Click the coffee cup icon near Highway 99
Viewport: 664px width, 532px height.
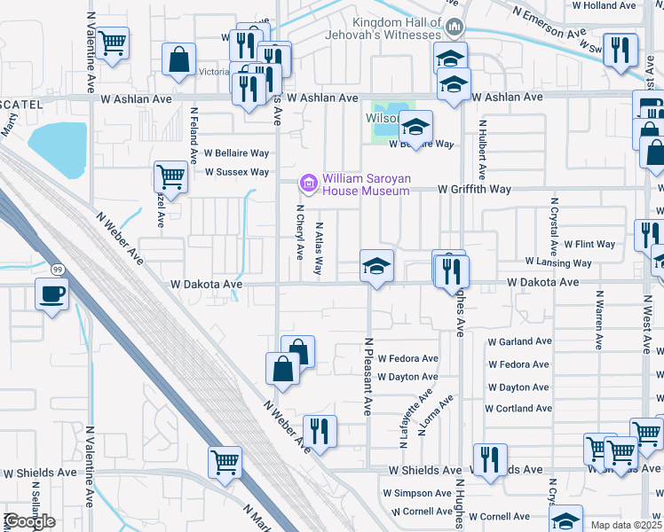pos(51,293)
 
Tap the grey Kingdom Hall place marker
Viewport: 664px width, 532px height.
pos(455,27)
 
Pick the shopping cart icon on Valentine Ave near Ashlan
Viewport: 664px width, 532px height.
pos(113,42)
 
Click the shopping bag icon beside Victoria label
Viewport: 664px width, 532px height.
pos(178,59)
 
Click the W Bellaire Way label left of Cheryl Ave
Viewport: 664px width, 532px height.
pos(236,153)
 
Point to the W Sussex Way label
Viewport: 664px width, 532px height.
pos(236,172)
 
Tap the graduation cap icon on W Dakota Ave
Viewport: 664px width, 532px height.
pos(376,265)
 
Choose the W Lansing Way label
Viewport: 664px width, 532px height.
pos(558,263)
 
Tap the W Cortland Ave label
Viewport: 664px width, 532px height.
pos(518,409)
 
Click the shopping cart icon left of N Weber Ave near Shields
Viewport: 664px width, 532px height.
pos(225,461)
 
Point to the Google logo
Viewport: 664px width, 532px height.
pos(29,521)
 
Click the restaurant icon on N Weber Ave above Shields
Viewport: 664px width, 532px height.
pos(320,431)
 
